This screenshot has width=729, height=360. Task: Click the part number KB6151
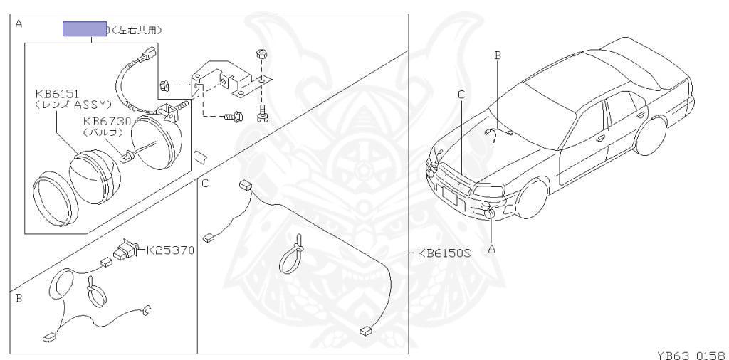pos(58,93)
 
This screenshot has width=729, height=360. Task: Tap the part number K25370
pos(170,250)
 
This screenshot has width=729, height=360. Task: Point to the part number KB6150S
pos(445,253)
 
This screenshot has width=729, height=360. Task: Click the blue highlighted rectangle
pos(85,29)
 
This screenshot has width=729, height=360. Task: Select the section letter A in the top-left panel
pos(19,23)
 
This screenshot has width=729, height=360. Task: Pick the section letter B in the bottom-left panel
pos(19,298)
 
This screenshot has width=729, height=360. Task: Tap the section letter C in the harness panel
pos(205,184)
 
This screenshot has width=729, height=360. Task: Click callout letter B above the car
pos(498,55)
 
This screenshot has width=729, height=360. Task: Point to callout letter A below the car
pos(491,248)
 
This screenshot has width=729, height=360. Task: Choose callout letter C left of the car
pos(461,94)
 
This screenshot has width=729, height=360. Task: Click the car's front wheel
pos(532,198)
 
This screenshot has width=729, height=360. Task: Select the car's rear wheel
pos(650,135)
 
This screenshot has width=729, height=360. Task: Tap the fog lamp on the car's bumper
pos(490,213)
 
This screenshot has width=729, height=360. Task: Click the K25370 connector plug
pos(125,250)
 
